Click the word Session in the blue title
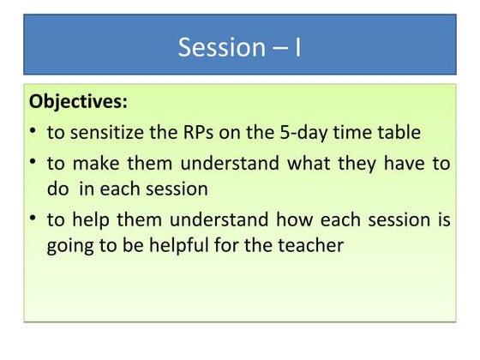point(218,46)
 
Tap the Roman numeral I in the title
point(297,46)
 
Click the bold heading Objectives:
point(79,102)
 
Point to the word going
point(69,246)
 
